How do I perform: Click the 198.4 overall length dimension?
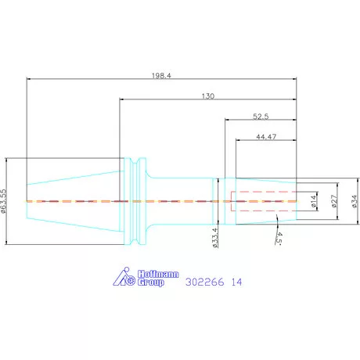tap(161, 76)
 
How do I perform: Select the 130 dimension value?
tap(208, 96)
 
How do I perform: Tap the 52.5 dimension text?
tap(261, 117)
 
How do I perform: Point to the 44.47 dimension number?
tap(266, 137)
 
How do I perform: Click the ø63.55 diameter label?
tap(3, 201)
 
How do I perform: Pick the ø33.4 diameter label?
tap(214, 238)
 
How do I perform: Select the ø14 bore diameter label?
tap(314, 201)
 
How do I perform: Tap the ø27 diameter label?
tap(334, 201)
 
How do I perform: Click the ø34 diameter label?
tap(355, 201)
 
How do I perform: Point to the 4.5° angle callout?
tap(279, 238)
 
